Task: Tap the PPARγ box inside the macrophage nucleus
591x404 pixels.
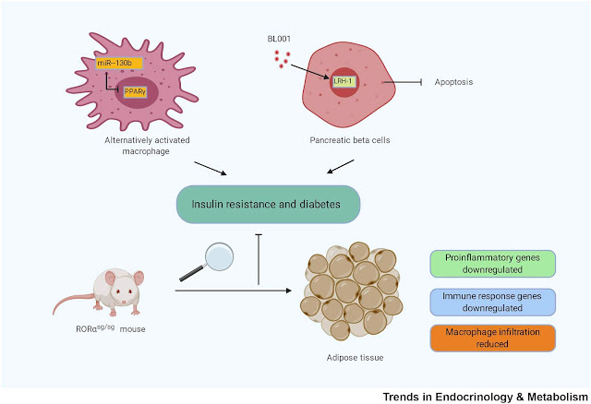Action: [x=135, y=91]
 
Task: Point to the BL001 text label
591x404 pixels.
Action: [x=274, y=39]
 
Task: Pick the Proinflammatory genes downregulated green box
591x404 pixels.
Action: [x=491, y=263]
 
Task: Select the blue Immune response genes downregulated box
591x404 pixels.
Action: [x=491, y=301]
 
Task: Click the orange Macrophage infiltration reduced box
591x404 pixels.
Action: [x=491, y=339]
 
